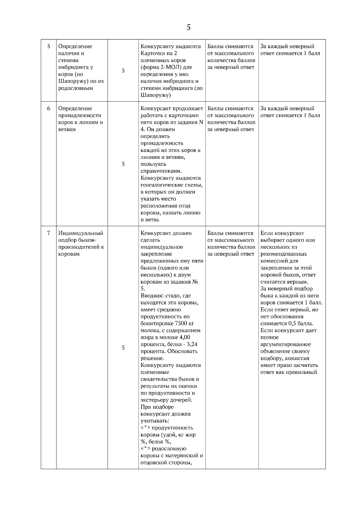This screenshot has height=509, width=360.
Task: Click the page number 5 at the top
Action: coord(188,28)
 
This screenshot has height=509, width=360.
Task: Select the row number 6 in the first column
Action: coord(49,109)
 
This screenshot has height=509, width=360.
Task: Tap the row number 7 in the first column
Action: coord(49,233)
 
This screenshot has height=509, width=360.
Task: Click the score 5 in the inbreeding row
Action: coord(123,71)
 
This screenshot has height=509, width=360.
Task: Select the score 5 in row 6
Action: coord(123,164)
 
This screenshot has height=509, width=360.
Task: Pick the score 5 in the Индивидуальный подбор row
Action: coord(123,348)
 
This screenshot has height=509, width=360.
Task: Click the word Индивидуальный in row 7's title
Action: coord(81,233)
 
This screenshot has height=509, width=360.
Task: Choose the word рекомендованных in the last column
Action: coord(283,254)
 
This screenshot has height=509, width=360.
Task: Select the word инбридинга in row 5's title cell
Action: coord(72,67)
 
